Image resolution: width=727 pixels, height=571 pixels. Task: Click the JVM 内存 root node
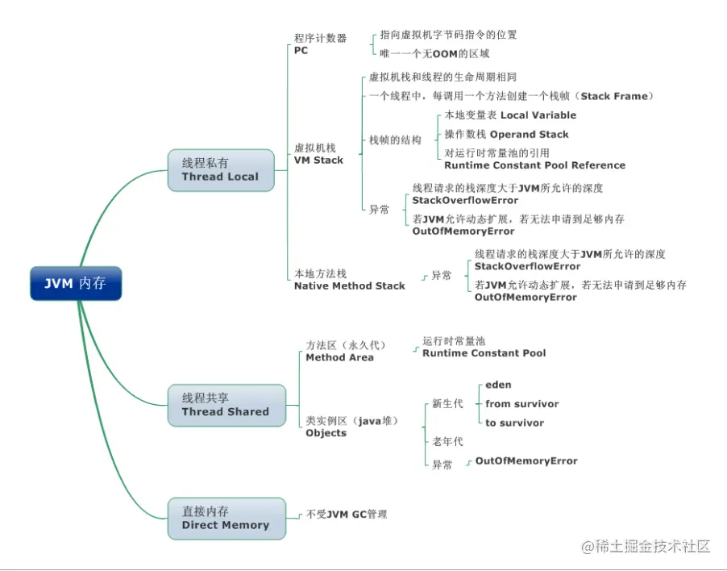click(x=76, y=284)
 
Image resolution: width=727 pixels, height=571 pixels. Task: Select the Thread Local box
click(x=220, y=170)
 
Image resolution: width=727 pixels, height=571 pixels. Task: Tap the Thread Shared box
click(x=225, y=405)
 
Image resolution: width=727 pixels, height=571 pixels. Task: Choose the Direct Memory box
click(x=225, y=519)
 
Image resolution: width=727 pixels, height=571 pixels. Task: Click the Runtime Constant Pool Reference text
click(x=534, y=165)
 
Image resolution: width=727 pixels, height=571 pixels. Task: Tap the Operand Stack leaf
click(x=529, y=135)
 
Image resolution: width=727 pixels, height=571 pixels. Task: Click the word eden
click(x=498, y=385)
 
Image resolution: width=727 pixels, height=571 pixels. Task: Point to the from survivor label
click(x=521, y=404)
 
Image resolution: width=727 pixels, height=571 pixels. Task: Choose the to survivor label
click(x=514, y=423)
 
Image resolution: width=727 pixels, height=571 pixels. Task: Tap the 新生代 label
click(x=447, y=403)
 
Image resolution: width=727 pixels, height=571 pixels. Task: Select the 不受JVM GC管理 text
click(x=347, y=514)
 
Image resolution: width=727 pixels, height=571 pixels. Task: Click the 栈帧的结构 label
click(x=395, y=140)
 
